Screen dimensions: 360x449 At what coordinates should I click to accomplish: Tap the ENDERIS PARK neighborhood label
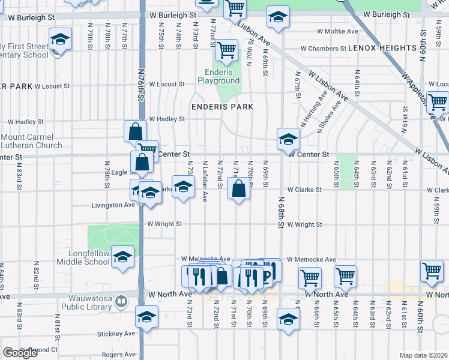pos(222,107)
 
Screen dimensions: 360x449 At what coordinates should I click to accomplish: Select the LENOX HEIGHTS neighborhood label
pos(382,47)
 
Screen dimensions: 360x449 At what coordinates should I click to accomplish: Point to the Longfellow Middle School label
pos(83,257)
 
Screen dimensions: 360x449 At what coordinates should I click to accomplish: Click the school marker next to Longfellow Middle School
pos(123,257)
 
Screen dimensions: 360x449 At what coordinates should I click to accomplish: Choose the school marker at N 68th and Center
pos(288,139)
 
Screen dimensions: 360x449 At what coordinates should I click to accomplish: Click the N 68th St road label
pos(280,213)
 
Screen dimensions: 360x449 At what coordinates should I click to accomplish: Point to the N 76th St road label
pos(141,90)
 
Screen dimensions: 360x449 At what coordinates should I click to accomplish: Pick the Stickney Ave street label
pos(117,334)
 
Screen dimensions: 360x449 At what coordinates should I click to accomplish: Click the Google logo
pos(20,353)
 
